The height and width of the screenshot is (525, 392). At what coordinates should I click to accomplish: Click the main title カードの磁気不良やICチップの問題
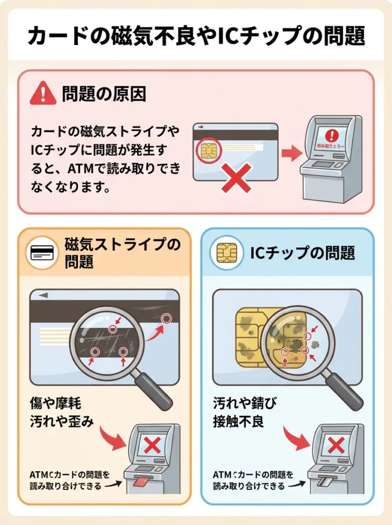[196, 35]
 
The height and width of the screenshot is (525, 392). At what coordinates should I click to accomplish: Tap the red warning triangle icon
[43, 94]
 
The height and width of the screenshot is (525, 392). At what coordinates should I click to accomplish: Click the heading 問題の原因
[104, 94]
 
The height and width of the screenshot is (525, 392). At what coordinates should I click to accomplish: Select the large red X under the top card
[236, 177]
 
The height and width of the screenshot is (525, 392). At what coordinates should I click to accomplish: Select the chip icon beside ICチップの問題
[226, 253]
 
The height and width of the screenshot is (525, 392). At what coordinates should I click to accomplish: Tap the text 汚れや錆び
[244, 403]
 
